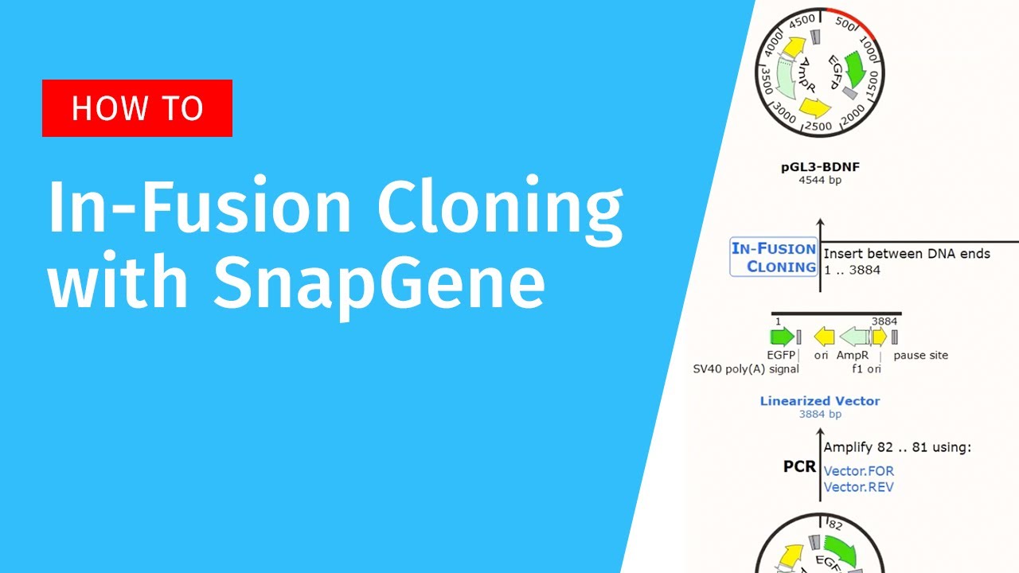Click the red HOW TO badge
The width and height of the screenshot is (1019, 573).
(137, 108)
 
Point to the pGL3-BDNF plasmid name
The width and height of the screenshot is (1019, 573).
(819, 168)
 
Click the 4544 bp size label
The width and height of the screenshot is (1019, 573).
(819, 181)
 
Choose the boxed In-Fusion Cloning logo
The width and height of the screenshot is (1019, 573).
(774, 257)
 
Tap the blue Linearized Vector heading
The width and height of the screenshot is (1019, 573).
(819, 401)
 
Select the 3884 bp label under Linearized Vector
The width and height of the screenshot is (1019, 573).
(819, 414)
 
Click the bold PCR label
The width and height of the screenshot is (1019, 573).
(800, 466)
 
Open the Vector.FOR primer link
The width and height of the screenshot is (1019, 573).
(858, 470)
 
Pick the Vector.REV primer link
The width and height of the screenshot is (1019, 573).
(858, 486)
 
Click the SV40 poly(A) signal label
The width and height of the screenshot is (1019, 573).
(746, 368)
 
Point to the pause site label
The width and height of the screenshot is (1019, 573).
(920, 355)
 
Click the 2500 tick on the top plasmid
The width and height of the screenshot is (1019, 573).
(818, 126)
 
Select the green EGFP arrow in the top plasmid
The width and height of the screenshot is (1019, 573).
(856, 69)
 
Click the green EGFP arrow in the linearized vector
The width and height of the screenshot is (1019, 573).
(781, 337)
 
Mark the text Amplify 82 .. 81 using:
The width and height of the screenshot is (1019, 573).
(897, 447)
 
